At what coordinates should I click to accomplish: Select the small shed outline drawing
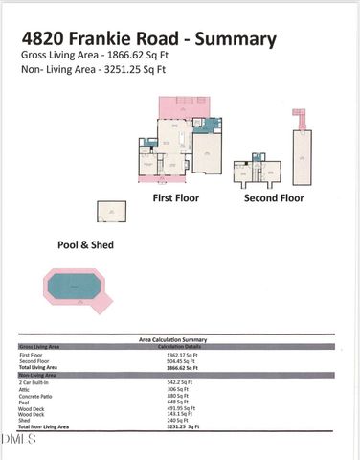pos(111,212)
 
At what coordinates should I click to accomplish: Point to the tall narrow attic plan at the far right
pos(304,149)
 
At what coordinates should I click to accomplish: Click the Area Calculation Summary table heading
pos(173,339)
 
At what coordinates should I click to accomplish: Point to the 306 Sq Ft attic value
pos(179,389)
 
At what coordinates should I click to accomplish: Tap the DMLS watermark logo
pos(19,439)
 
